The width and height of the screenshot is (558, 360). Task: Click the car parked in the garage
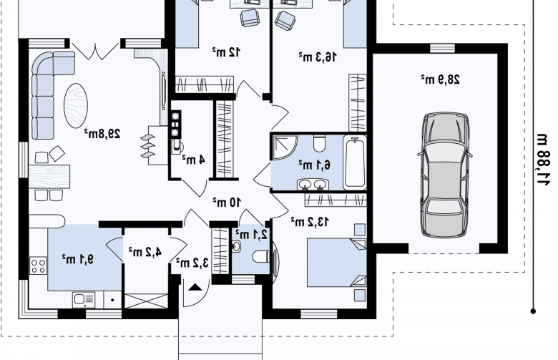coord(445,175)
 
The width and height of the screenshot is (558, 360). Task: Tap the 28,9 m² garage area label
coord(440,79)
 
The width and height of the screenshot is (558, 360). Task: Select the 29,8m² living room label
coord(102,134)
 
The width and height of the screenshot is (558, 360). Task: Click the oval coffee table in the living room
coord(75,106)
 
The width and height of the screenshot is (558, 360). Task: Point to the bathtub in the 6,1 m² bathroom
coord(355,162)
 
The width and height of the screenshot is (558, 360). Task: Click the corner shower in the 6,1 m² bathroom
coord(283,147)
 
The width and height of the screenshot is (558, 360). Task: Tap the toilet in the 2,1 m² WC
coord(262,256)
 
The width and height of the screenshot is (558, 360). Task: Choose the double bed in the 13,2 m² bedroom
coord(337,263)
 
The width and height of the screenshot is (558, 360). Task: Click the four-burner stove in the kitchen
coord(38,266)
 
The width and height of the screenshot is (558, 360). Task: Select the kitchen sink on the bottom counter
coord(84,300)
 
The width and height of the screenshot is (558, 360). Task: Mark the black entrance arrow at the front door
coord(195,288)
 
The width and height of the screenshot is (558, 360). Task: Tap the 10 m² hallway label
coord(227,203)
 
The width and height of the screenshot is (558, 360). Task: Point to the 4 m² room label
coord(193,159)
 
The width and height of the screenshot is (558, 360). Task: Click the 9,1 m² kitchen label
coord(77,259)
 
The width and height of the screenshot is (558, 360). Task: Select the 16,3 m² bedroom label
coord(318,57)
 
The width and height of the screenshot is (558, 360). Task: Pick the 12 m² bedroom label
coord(226,52)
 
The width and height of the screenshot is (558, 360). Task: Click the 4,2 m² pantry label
coord(145,251)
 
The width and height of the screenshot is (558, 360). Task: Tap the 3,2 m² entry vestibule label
coord(192,263)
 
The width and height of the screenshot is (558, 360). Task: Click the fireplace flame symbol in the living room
coord(148,146)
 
